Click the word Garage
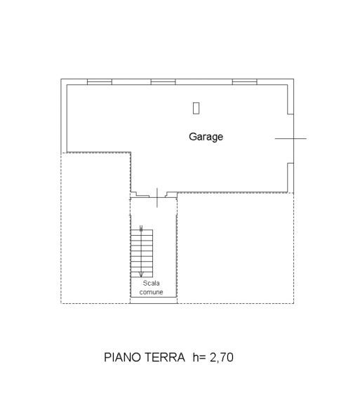click(x=206, y=137)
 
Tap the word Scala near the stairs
click(x=151, y=283)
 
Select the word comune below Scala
click(x=151, y=292)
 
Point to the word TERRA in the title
click(x=165, y=357)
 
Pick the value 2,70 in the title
click(x=222, y=357)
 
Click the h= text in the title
click(x=199, y=357)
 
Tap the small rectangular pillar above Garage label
click(x=196, y=108)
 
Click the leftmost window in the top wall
click(x=100, y=82)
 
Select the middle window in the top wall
click(x=164, y=82)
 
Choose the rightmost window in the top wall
click(x=245, y=82)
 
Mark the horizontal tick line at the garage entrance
click(x=291, y=138)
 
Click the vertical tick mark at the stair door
click(x=157, y=198)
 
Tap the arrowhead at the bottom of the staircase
click(x=141, y=274)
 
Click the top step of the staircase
click(x=142, y=232)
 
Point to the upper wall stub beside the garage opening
click(x=291, y=99)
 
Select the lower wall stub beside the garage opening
click(x=291, y=178)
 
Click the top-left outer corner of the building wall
click(x=61, y=79)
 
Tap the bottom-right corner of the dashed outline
click(x=293, y=303)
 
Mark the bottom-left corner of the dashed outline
click(x=61, y=303)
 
